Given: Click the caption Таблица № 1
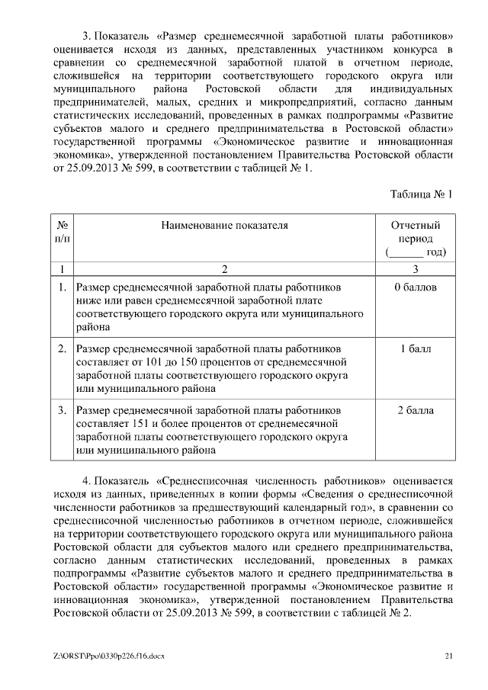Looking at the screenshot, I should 422,194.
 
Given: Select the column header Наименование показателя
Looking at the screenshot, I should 224,226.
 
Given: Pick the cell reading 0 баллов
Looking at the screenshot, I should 416,288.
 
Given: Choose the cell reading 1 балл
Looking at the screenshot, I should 416,349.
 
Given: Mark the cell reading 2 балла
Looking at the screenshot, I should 416,411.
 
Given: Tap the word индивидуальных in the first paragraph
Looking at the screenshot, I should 415,90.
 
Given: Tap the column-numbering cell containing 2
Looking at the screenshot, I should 224,268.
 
